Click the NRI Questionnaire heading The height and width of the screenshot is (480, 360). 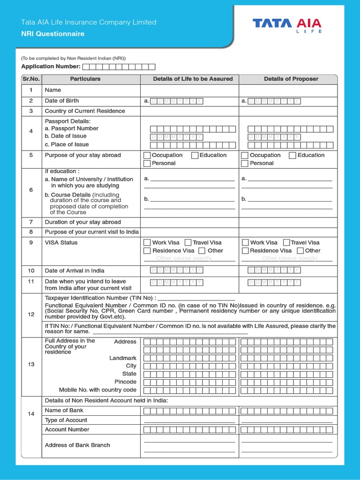tap(53, 34)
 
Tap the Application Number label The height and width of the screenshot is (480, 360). tap(51, 67)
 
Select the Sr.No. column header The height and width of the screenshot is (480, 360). tap(31, 79)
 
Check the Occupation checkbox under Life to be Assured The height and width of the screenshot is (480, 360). tap(147, 156)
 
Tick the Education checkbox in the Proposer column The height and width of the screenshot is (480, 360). tap(292, 156)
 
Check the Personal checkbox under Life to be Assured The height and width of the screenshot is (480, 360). tap(147, 164)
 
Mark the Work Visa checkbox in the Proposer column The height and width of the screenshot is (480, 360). tap(245, 243)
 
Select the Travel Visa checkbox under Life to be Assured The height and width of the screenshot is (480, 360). tap(188, 243)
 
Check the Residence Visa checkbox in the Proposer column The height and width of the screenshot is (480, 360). tap(245, 251)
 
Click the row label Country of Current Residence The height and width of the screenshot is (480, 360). tap(85, 111)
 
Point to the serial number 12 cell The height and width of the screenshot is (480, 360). tap(31, 315)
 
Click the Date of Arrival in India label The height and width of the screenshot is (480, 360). tap(75, 270)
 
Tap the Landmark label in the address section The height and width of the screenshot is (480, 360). tap(123, 358)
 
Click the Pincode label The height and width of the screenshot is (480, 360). tap(125, 382)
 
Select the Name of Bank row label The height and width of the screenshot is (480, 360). tap(64, 411)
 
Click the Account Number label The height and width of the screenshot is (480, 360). tap(67, 429)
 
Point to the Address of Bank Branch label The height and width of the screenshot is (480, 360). tap(77, 445)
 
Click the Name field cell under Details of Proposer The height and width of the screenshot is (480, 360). tap(288, 90)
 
